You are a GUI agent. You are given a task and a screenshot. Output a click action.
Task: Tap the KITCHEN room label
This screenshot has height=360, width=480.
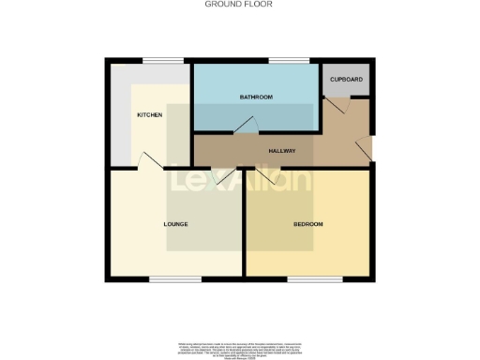(150, 115)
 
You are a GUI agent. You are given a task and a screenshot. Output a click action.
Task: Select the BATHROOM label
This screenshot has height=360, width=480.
(255, 97)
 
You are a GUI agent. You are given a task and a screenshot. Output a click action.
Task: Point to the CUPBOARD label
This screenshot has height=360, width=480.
(346, 80)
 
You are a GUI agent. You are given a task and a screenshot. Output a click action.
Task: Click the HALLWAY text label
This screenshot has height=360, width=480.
(282, 151)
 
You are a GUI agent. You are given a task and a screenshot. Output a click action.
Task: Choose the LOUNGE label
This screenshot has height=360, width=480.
(176, 224)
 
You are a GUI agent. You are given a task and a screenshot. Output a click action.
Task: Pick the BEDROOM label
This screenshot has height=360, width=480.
(308, 224)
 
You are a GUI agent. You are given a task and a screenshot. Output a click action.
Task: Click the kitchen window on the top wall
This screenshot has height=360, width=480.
(156, 62)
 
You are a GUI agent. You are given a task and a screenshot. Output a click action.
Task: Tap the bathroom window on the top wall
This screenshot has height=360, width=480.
(281, 62)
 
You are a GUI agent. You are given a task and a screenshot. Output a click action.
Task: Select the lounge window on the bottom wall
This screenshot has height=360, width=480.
(169, 278)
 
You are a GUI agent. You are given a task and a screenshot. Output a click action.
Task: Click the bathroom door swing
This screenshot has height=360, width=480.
(246, 126)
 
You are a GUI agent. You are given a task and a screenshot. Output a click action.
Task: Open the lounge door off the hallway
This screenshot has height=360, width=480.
(223, 174)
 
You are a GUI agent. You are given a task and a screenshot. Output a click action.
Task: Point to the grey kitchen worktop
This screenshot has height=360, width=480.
(120, 112)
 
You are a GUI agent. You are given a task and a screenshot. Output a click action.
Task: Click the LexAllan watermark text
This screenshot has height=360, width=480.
(240, 179)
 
